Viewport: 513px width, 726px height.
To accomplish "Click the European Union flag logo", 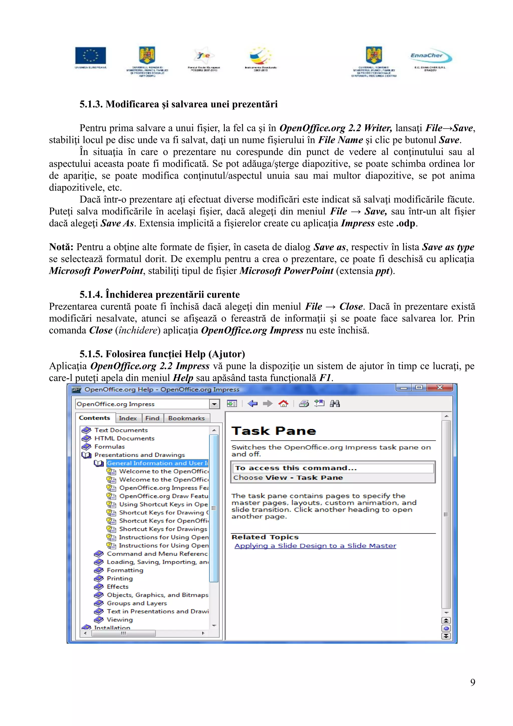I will [x=90, y=56].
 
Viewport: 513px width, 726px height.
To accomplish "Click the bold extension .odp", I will [x=406, y=223].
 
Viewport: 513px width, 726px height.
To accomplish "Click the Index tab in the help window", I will [x=128, y=418].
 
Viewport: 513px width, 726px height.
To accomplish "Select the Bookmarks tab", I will [x=186, y=418].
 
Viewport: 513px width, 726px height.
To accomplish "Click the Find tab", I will [x=152, y=418].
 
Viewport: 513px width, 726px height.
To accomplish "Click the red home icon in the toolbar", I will [x=283, y=404].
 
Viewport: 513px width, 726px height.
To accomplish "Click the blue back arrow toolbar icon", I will [x=252, y=404].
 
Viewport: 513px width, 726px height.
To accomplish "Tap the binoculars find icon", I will [x=334, y=404].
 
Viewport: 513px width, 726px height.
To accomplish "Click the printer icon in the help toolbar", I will [x=304, y=404].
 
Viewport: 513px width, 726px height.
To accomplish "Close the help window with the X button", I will [x=439, y=387].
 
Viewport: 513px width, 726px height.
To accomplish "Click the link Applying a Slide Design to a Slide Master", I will [x=315, y=546].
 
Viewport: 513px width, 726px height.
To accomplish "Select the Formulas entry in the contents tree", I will [x=109, y=447].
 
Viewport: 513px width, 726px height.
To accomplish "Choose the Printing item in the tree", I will [x=119, y=578].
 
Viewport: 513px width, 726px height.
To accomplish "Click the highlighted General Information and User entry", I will [x=157, y=463].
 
